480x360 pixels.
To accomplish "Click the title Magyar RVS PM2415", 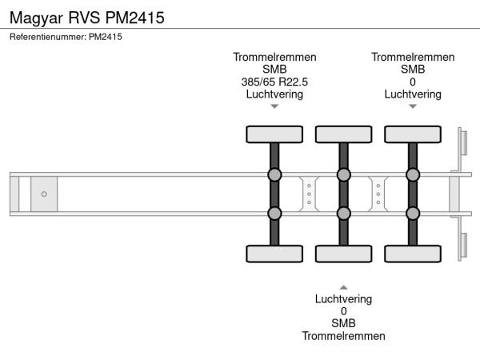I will [x=87, y=17].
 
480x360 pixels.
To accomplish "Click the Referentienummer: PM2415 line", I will [x=66, y=37].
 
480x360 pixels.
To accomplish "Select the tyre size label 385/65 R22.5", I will [x=274, y=82].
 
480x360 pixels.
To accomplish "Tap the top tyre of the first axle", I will [x=274, y=134].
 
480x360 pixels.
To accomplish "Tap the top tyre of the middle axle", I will [x=343, y=134].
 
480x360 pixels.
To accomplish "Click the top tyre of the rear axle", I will [x=413, y=134].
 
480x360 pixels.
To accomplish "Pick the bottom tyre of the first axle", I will [x=274, y=254].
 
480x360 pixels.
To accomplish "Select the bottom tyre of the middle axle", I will [x=343, y=254].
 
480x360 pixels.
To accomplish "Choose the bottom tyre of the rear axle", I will [x=413, y=254].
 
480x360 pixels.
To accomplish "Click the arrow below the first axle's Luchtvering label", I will [x=274, y=106].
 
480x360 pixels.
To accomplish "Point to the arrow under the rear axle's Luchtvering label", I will [x=413, y=106].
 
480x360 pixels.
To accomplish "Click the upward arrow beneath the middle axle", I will [x=343, y=286].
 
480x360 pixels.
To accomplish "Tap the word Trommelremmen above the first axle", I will [x=274, y=57].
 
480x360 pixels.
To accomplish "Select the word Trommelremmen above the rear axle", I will [x=413, y=57].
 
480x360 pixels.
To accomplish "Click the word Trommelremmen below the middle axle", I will [x=343, y=336].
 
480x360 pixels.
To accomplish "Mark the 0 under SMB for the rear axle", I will [x=413, y=82].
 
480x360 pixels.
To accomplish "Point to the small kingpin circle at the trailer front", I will [x=44, y=194].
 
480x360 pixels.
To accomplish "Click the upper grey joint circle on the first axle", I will [x=274, y=175].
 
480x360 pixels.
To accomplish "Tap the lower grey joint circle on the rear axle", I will [x=413, y=213].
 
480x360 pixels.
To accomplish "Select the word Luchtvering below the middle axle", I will [x=343, y=299].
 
